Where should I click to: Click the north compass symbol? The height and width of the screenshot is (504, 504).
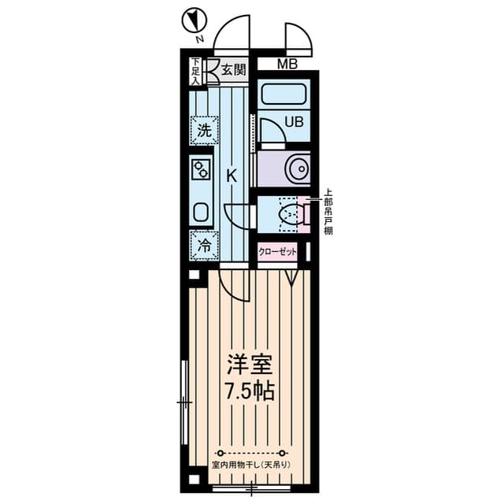click(x=195, y=21)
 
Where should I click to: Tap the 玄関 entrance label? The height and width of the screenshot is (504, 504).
click(x=234, y=70)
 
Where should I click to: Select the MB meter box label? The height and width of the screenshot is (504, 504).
click(x=287, y=65)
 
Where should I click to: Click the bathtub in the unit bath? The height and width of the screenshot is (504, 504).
click(x=283, y=94)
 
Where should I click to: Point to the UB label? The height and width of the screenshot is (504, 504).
click(x=294, y=122)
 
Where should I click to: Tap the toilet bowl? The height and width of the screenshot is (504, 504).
click(x=291, y=213)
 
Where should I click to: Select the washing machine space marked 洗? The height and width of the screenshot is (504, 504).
click(x=204, y=131)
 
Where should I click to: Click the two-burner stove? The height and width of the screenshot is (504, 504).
click(x=201, y=169)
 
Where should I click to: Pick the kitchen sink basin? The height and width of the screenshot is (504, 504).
click(x=202, y=212)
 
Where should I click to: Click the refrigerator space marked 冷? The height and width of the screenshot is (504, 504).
click(x=204, y=246)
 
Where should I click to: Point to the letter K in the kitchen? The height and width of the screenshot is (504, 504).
click(x=232, y=176)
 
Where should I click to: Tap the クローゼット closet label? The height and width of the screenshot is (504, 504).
click(x=277, y=252)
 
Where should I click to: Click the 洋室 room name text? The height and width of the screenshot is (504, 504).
click(x=250, y=365)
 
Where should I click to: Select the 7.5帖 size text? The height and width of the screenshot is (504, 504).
click(x=250, y=391)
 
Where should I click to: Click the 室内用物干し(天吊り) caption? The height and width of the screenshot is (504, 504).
click(x=251, y=465)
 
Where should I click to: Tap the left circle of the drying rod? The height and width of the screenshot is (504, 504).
click(x=220, y=454)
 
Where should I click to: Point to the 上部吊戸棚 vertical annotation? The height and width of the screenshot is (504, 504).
click(x=328, y=213)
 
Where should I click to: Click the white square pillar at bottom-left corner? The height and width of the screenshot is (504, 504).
click(x=194, y=480)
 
